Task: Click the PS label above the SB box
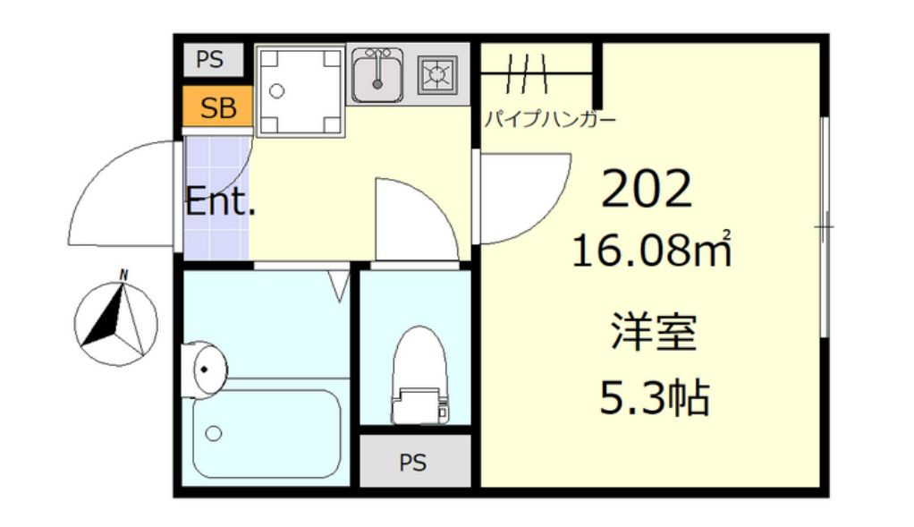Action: (210, 61)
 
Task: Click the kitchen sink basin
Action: (377, 75)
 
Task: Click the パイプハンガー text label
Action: (549, 119)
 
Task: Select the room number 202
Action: (647, 189)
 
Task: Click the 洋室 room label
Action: (654, 332)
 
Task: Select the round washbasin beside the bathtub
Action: (205, 369)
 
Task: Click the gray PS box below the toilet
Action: (413, 463)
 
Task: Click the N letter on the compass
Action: (124, 274)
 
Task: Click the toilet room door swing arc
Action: (413, 219)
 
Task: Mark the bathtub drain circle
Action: (214, 434)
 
